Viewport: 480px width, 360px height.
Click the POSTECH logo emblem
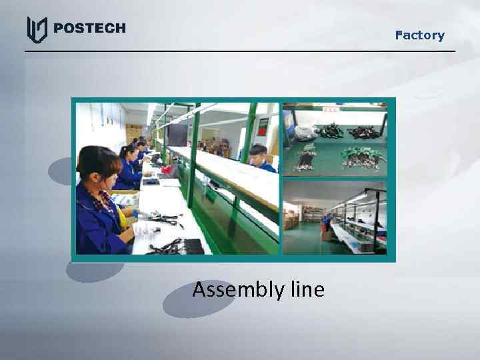tap(37, 29)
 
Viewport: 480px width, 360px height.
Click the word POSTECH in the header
tap(89, 28)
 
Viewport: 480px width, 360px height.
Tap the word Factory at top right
tap(419, 35)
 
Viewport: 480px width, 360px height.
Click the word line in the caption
tap(307, 290)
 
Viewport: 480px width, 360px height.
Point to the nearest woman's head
tap(99, 164)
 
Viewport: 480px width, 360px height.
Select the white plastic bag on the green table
tap(305, 133)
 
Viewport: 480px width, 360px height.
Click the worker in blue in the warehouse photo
tap(326, 224)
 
